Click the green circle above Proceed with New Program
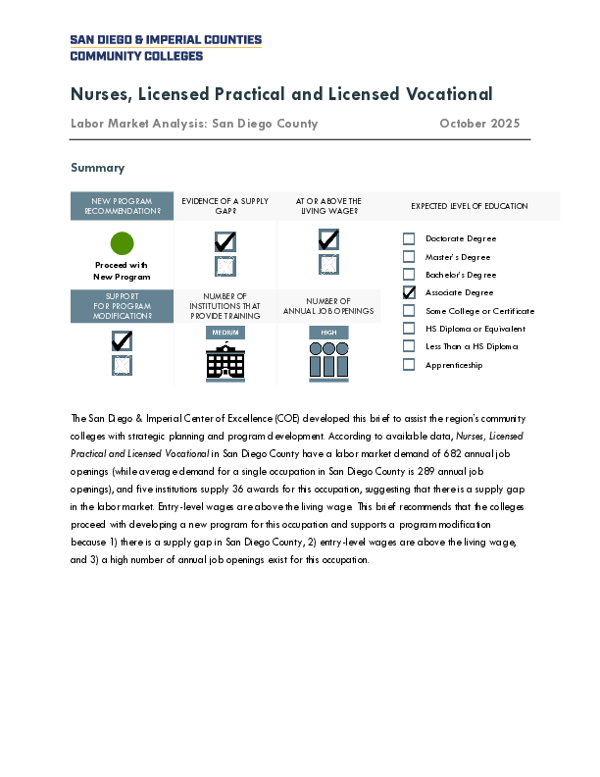(122, 243)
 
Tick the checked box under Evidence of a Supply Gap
(225, 241)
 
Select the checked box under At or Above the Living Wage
(328, 239)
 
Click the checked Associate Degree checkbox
(409, 292)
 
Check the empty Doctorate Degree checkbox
(409, 238)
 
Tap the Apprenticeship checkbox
(409, 365)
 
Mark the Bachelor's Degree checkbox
(409, 275)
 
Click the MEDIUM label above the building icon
(225, 333)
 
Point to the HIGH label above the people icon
(328, 333)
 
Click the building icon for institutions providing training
(225, 362)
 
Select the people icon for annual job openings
(328, 362)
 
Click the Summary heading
(97, 168)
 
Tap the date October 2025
(479, 124)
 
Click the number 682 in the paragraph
(453, 454)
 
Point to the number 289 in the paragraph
(425, 471)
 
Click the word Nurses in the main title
(101, 94)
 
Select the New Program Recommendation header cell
(122, 206)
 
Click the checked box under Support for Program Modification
(122, 341)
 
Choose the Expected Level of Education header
(470, 206)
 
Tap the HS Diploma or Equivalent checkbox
(409, 329)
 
